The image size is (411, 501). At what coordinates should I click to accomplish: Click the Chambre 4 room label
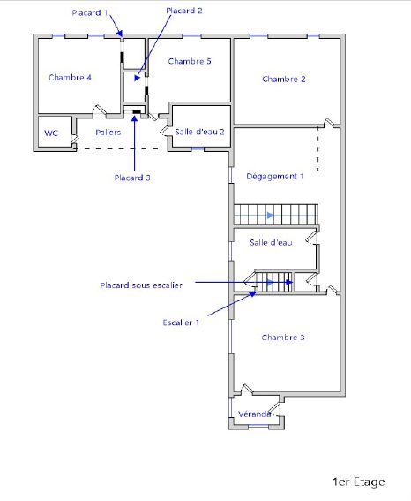[x=70, y=78]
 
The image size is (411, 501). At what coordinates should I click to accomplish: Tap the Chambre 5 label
[x=190, y=61]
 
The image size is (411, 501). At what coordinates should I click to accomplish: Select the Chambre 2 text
[x=283, y=79]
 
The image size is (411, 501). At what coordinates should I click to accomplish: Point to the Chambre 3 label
[x=283, y=337]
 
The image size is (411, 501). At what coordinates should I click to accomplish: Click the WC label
[x=51, y=133]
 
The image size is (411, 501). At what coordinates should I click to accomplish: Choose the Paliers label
[x=108, y=133]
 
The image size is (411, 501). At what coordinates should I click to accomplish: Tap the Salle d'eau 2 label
[x=199, y=132]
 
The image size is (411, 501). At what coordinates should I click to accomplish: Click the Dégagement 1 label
[x=275, y=177]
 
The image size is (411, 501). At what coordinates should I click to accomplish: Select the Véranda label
[x=254, y=414]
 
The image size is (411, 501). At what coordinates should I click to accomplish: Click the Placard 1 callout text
[x=90, y=12]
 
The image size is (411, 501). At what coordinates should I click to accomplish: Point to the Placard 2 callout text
[x=184, y=11]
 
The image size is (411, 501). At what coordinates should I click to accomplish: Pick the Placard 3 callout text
[x=132, y=178]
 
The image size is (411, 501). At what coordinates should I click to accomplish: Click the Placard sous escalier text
[x=141, y=285]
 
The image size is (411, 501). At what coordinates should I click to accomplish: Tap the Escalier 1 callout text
[x=181, y=323]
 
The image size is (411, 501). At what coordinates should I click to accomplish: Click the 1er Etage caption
[x=359, y=482]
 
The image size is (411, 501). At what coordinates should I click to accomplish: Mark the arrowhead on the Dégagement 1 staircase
[x=271, y=216]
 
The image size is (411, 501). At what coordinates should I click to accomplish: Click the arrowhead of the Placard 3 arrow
[x=135, y=118]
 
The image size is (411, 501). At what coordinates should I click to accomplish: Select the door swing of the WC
[x=75, y=140]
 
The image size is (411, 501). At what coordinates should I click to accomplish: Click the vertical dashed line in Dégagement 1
[x=318, y=149]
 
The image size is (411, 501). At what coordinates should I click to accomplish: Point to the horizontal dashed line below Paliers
[x=116, y=148]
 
